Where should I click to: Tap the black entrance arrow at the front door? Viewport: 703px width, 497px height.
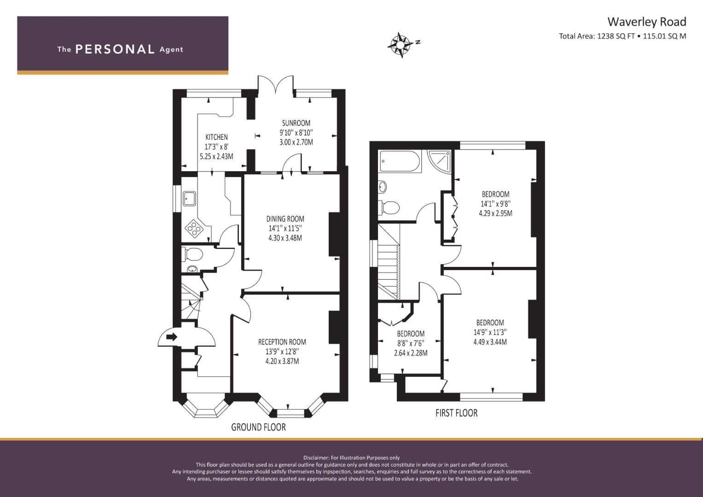point(171,337)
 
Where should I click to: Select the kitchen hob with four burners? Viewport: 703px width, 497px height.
point(194,228)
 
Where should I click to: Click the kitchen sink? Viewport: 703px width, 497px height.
point(189,199)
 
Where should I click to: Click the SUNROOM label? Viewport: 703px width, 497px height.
point(296,123)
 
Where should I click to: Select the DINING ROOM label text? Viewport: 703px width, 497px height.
point(285,219)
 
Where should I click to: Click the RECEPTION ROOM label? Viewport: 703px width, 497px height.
point(282,342)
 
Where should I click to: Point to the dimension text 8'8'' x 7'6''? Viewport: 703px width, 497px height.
point(411,343)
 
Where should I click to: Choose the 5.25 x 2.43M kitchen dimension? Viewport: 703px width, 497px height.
point(216,156)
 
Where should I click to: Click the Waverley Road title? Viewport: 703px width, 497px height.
point(647,22)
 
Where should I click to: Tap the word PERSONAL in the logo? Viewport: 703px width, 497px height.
point(115,49)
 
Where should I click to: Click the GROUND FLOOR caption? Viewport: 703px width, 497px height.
point(258,427)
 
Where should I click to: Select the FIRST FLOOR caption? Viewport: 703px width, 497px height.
point(457,413)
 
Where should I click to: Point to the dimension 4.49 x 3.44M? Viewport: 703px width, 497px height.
point(490,342)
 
